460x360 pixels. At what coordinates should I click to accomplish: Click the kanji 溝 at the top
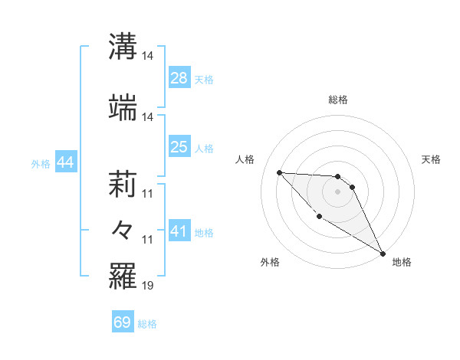(123, 46)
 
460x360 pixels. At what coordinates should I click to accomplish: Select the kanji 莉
(123, 184)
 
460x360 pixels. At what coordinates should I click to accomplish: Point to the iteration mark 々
(123, 230)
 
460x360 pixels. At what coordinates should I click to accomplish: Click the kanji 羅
(123, 276)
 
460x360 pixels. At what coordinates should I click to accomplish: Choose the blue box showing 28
(179, 78)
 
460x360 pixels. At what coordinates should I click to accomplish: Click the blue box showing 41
(179, 231)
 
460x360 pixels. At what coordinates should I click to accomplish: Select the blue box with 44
(65, 162)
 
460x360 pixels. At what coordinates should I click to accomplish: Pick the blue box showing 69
(123, 322)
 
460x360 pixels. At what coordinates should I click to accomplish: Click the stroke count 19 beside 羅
(148, 286)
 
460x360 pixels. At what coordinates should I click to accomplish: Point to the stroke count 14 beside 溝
(148, 56)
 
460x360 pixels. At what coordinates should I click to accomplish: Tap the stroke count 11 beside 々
(148, 240)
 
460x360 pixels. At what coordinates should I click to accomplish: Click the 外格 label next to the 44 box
(41, 163)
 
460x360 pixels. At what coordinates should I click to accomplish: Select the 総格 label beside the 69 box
(147, 323)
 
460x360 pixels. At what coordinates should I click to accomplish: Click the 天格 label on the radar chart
(431, 159)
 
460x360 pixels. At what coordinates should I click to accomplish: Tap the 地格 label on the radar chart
(402, 262)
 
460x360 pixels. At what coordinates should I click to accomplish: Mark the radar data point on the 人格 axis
(279, 172)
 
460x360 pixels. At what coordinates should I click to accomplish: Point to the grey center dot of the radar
(337, 191)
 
